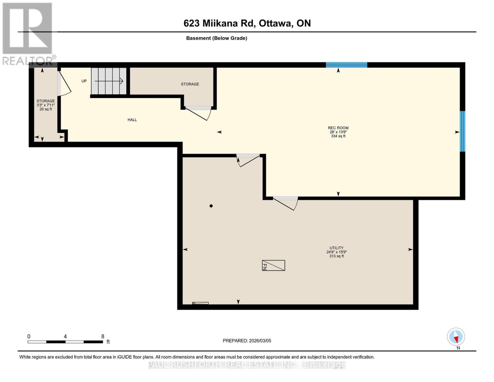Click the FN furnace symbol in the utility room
pos(273,265)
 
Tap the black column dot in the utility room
pos(211,206)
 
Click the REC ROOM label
pos(338,128)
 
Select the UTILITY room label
pos(337,248)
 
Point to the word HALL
pos(132,120)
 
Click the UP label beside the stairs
pos(84,81)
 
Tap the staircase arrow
pos(109,81)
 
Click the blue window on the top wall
pos(346,65)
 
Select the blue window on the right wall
pos(463,131)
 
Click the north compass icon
pos(456,337)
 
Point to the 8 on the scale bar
pos(103,336)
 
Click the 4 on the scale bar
pos(65,336)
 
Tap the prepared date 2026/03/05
pos(260,341)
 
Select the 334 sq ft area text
pos(338,136)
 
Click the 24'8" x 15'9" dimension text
pos(337,252)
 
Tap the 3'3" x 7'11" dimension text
pos(46,105)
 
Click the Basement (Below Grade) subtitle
pos(216,38)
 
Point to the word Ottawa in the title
pos(275,23)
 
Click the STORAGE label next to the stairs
pos(190,84)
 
